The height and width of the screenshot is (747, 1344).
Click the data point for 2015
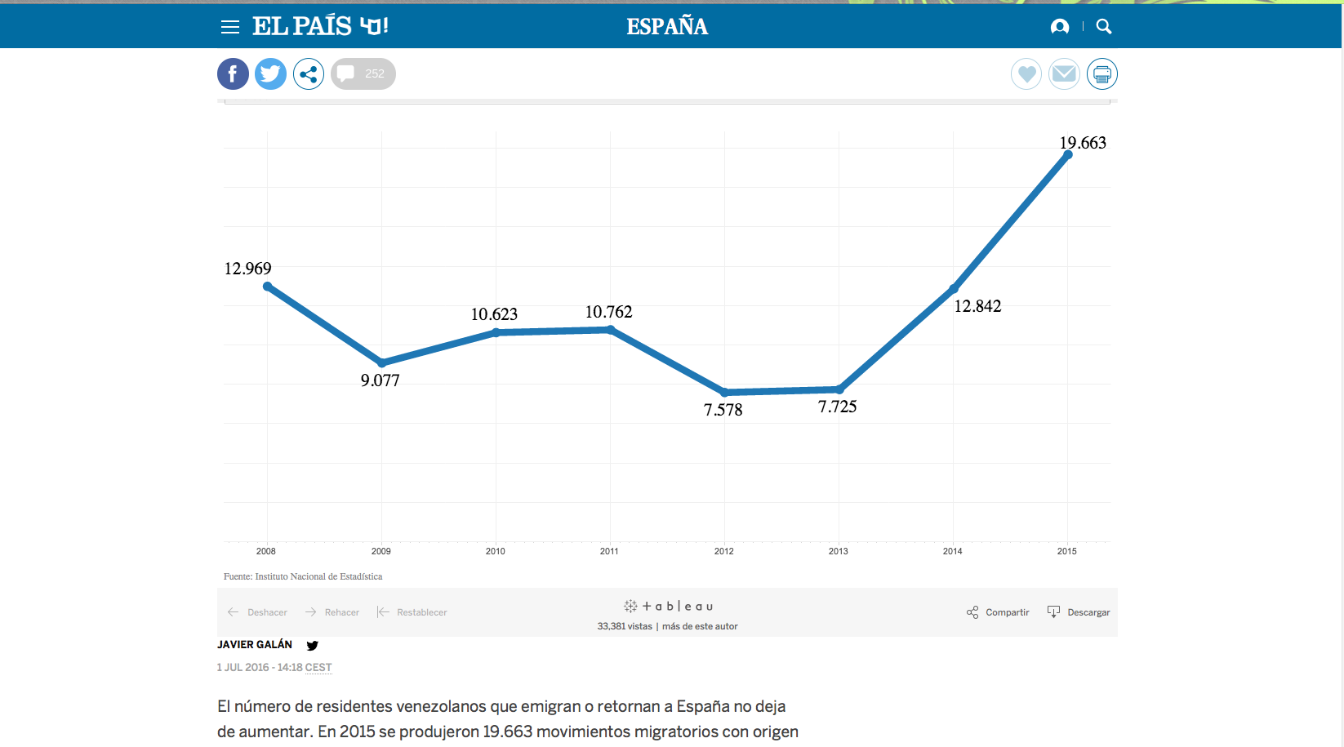pyautogui.click(x=1067, y=155)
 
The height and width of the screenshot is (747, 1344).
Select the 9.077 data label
pyautogui.click(x=381, y=380)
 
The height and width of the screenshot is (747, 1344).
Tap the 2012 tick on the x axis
pyautogui.click(x=723, y=551)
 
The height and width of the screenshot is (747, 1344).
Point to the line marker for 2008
pyautogui.click(x=268, y=287)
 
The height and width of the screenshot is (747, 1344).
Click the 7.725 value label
pyautogui.click(x=837, y=407)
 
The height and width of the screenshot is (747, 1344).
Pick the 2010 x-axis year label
pyautogui.click(x=495, y=551)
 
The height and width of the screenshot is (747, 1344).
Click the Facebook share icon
pyautogui.click(x=233, y=74)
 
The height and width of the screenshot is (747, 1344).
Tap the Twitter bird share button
pyautogui.click(x=270, y=74)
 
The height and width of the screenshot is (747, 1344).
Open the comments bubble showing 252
pyautogui.click(x=363, y=74)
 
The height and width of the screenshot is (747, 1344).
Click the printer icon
pyautogui.click(x=1101, y=74)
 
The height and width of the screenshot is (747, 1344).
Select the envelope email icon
pyautogui.click(x=1064, y=74)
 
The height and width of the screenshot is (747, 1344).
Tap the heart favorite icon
pyautogui.click(x=1026, y=74)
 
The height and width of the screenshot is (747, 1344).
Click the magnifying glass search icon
pyautogui.click(x=1104, y=27)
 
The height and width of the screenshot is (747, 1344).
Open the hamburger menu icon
pyautogui.click(x=230, y=27)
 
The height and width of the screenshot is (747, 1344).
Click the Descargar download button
pyautogui.click(x=1079, y=612)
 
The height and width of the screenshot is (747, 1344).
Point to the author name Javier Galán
pyautogui.click(x=255, y=645)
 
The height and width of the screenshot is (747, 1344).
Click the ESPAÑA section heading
pyautogui.click(x=667, y=27)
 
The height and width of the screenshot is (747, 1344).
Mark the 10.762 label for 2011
pyautogui.click(x=608, y=312)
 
